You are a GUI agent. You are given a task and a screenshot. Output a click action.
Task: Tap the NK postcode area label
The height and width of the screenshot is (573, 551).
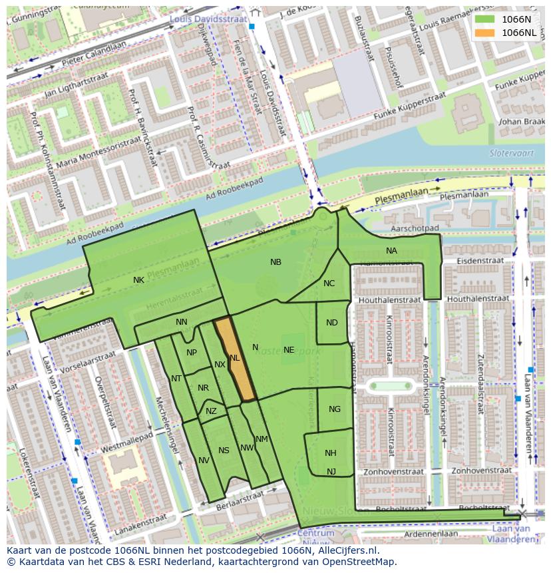[x=138, y=280]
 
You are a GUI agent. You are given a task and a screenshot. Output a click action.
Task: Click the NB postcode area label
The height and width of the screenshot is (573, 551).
[x=275, y=262]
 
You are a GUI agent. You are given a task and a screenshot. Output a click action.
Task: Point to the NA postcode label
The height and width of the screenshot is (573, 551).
[x=391, y=251]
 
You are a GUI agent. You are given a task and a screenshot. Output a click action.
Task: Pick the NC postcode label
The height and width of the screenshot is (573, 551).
[x=329, y=284]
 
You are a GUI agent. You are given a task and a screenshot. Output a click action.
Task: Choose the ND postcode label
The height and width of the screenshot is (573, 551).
[x=332, y=323]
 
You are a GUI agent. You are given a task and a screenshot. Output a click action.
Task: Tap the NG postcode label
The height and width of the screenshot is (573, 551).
[x=335, y=409]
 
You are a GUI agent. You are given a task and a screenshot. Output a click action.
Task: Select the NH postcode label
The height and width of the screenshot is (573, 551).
[x=331, y=453]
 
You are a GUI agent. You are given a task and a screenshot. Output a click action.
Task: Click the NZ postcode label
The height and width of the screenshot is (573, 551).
[x=211, y=411]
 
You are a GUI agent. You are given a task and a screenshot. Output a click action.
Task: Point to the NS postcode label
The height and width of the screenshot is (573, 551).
[x=224, y=451]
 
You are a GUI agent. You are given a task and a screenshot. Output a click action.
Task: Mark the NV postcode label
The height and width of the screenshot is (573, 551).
[x=204, y=461]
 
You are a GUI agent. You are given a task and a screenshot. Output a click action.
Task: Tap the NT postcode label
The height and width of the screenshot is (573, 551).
[x=176, y=379]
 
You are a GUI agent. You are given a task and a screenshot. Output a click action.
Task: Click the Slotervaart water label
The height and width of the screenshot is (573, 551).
[x=507, y=152]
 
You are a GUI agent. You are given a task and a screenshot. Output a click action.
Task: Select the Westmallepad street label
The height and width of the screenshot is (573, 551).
[x=126, y=441]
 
